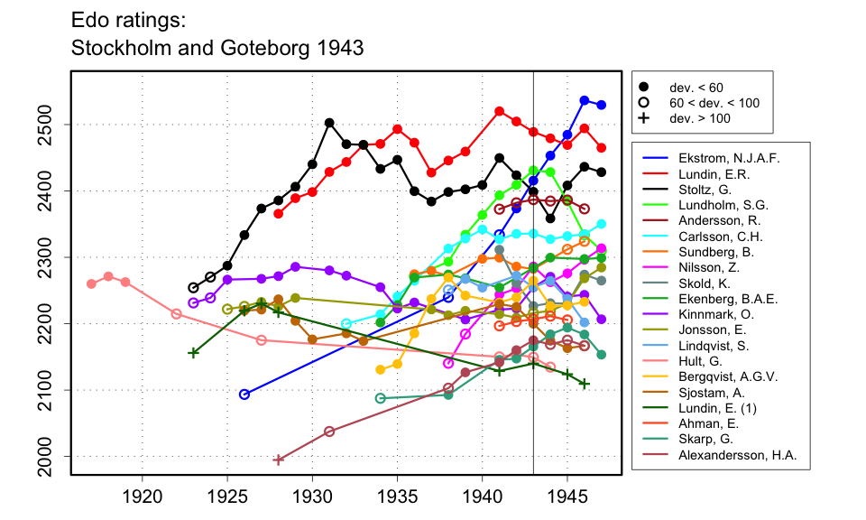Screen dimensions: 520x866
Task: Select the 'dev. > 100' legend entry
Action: [x=699, y=118]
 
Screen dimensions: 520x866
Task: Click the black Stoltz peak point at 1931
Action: [x=329, y=123]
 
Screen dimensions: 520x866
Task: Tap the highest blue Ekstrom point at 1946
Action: [x=585, y=100]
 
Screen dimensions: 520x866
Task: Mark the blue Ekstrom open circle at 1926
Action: [x=244, y=395]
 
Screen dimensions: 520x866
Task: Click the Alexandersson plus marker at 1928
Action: [x=278, y=460]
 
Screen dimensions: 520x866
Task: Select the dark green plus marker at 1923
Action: [x=193, y=352]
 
